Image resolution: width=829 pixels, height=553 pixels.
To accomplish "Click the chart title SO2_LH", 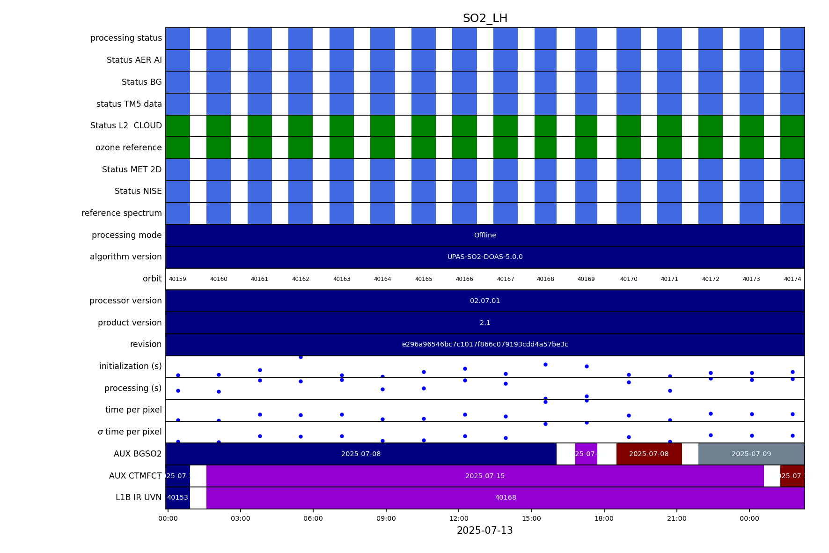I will [x=485, y=19].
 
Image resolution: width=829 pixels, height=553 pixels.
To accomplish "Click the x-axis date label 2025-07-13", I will [x=484, y=531].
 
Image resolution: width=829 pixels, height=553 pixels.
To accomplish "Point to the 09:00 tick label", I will [x=386, y=518].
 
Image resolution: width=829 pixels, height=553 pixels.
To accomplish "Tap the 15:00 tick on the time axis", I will [x=531, y=518].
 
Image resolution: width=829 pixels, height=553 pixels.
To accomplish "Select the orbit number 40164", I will [x=382, y=279].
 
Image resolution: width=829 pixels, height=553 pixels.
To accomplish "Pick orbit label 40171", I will [x=669, y=279].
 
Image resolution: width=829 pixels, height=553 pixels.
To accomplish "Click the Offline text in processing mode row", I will [x=485, y=235].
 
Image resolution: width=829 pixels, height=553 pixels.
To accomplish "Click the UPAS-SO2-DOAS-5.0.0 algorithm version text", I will [x=485, y=257].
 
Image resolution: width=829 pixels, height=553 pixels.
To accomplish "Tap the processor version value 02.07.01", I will [x=485, y=301].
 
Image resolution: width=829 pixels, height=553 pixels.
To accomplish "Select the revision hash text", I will [x=485, y=345].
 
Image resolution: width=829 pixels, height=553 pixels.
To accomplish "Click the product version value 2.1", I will [x=485, y=323].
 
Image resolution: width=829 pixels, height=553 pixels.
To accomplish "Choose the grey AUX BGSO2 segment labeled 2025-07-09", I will [x=751, y=454].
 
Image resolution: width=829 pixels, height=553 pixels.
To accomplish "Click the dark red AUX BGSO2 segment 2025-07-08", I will [x=648, y=454].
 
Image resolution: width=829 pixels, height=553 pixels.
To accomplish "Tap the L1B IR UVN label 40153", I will [x=177, y=498].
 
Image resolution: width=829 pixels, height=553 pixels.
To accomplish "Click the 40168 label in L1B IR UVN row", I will [x=506, y=498].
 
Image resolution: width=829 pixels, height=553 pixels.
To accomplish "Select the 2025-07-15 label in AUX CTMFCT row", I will [x=485, y=476].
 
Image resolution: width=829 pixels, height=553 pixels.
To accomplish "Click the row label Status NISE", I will [x=138, y=191].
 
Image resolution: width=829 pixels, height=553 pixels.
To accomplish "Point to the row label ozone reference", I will [x=128, y=147].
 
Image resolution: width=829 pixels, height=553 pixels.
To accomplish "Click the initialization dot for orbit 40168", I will [x=545, y=364].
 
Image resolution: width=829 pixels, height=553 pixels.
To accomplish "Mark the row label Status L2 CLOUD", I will [x=126, y=125].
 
